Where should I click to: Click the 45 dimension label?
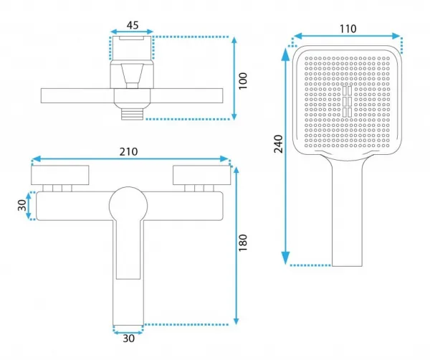133,25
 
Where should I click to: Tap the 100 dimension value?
243,81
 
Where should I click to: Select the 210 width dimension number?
128,152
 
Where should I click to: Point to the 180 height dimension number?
243,243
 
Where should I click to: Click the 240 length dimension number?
278,143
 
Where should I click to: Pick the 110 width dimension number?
348,29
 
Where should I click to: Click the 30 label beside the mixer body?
22,205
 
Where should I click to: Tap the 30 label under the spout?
128,338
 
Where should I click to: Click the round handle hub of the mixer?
128,206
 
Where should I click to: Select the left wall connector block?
60,175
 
